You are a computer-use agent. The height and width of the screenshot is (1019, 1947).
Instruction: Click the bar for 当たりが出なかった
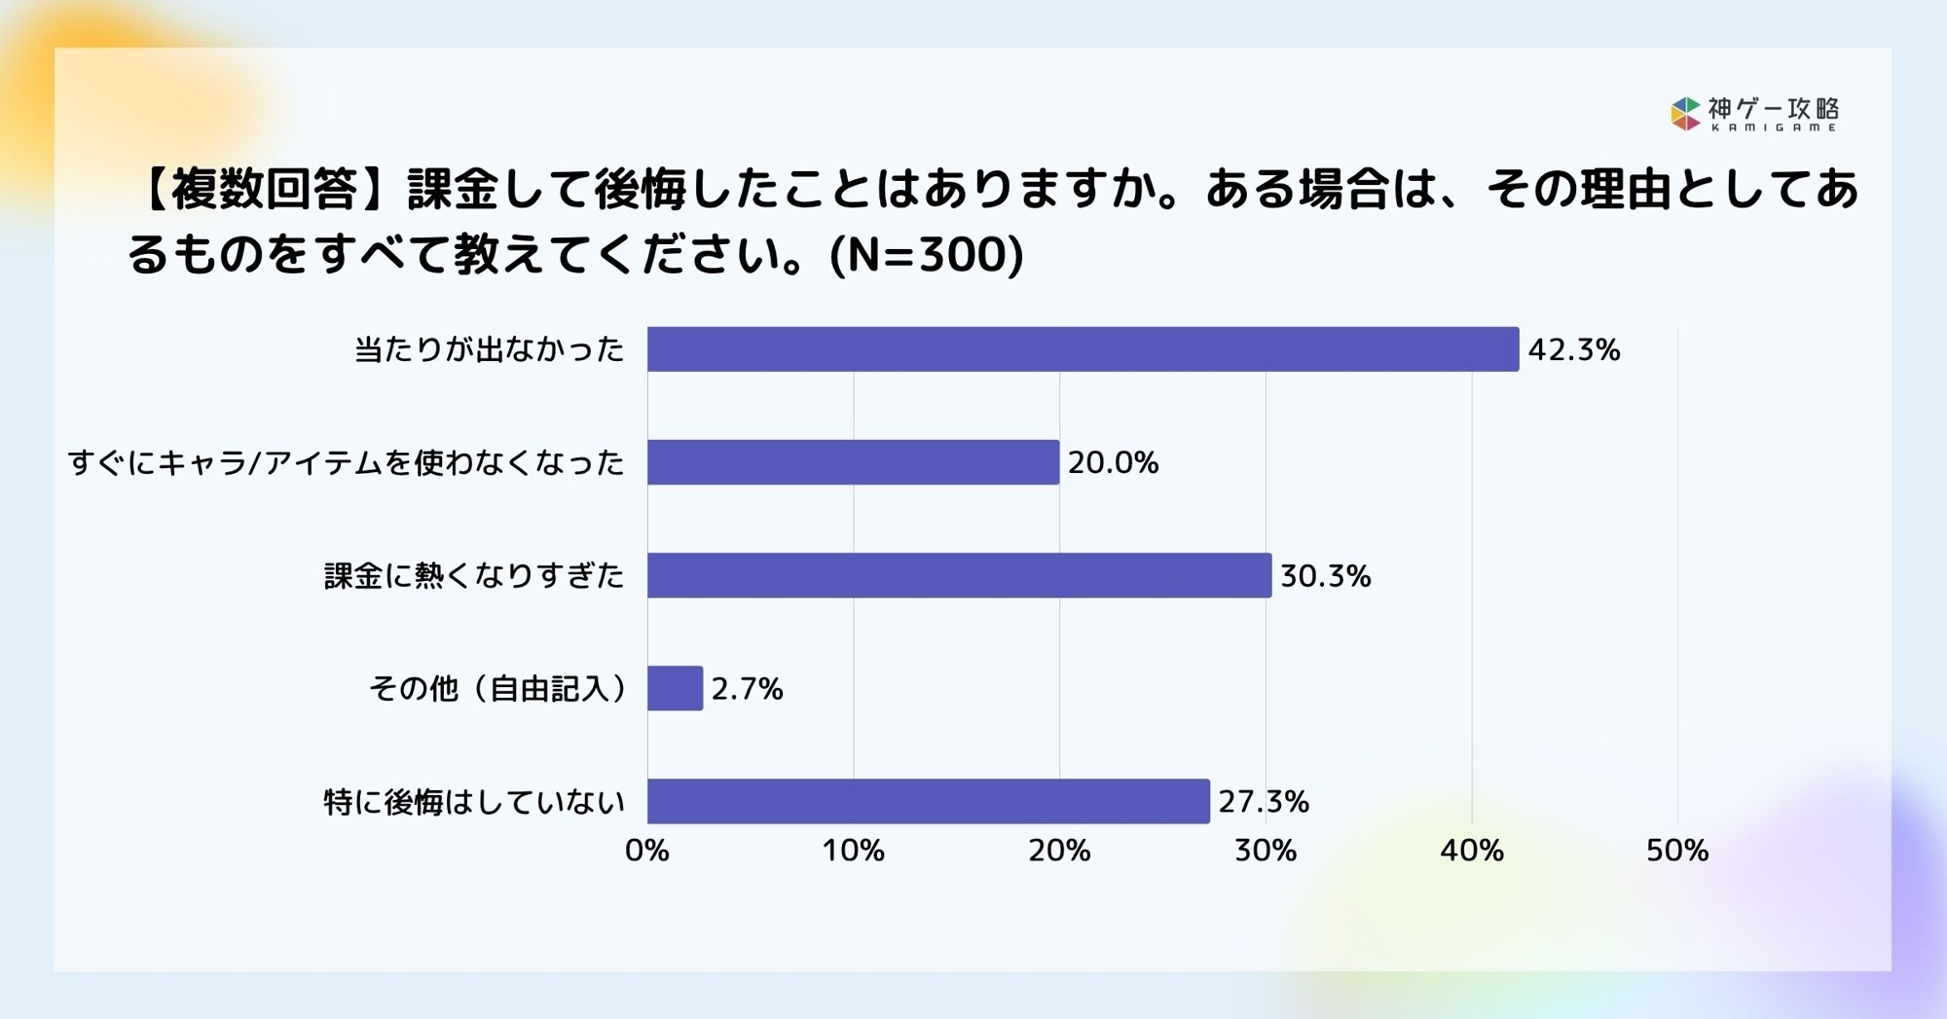coord(1083,349)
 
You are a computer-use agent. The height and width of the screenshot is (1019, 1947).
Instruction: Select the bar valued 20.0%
coord(853,462)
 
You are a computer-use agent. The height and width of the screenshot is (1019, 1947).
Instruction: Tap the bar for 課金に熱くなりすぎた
coord(959,575)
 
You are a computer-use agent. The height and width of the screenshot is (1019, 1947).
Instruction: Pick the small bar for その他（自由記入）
coord(675,689)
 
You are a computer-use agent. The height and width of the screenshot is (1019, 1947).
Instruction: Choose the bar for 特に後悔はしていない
coord(928,802)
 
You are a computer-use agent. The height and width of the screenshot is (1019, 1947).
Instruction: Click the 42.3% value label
coord(1573,350)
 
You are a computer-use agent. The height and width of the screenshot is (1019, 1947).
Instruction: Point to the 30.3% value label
coord(1325,576)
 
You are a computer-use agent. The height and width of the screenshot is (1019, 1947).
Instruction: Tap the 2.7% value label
coord(747,690)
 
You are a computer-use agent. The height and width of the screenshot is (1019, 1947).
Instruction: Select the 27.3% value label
coord(1264,802)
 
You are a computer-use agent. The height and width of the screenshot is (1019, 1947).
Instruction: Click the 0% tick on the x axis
coord(647,852)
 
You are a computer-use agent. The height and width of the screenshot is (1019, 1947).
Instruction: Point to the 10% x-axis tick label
coord(853,852)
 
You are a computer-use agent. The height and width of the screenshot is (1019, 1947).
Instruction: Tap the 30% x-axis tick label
coord(1266,852)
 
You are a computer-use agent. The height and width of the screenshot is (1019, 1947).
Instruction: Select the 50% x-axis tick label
coord(1677,852)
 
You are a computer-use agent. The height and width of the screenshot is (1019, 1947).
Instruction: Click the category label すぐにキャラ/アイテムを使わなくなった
coord(346,462)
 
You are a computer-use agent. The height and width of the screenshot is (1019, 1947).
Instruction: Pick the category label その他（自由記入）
coord(497,689)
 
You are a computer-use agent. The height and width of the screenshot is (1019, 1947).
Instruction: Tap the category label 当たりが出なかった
coord(489,349)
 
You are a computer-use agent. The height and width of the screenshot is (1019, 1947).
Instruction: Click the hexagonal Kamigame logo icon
coord(1685,114)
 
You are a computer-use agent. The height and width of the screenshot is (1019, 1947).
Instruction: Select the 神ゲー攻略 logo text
coord(1774,109)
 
